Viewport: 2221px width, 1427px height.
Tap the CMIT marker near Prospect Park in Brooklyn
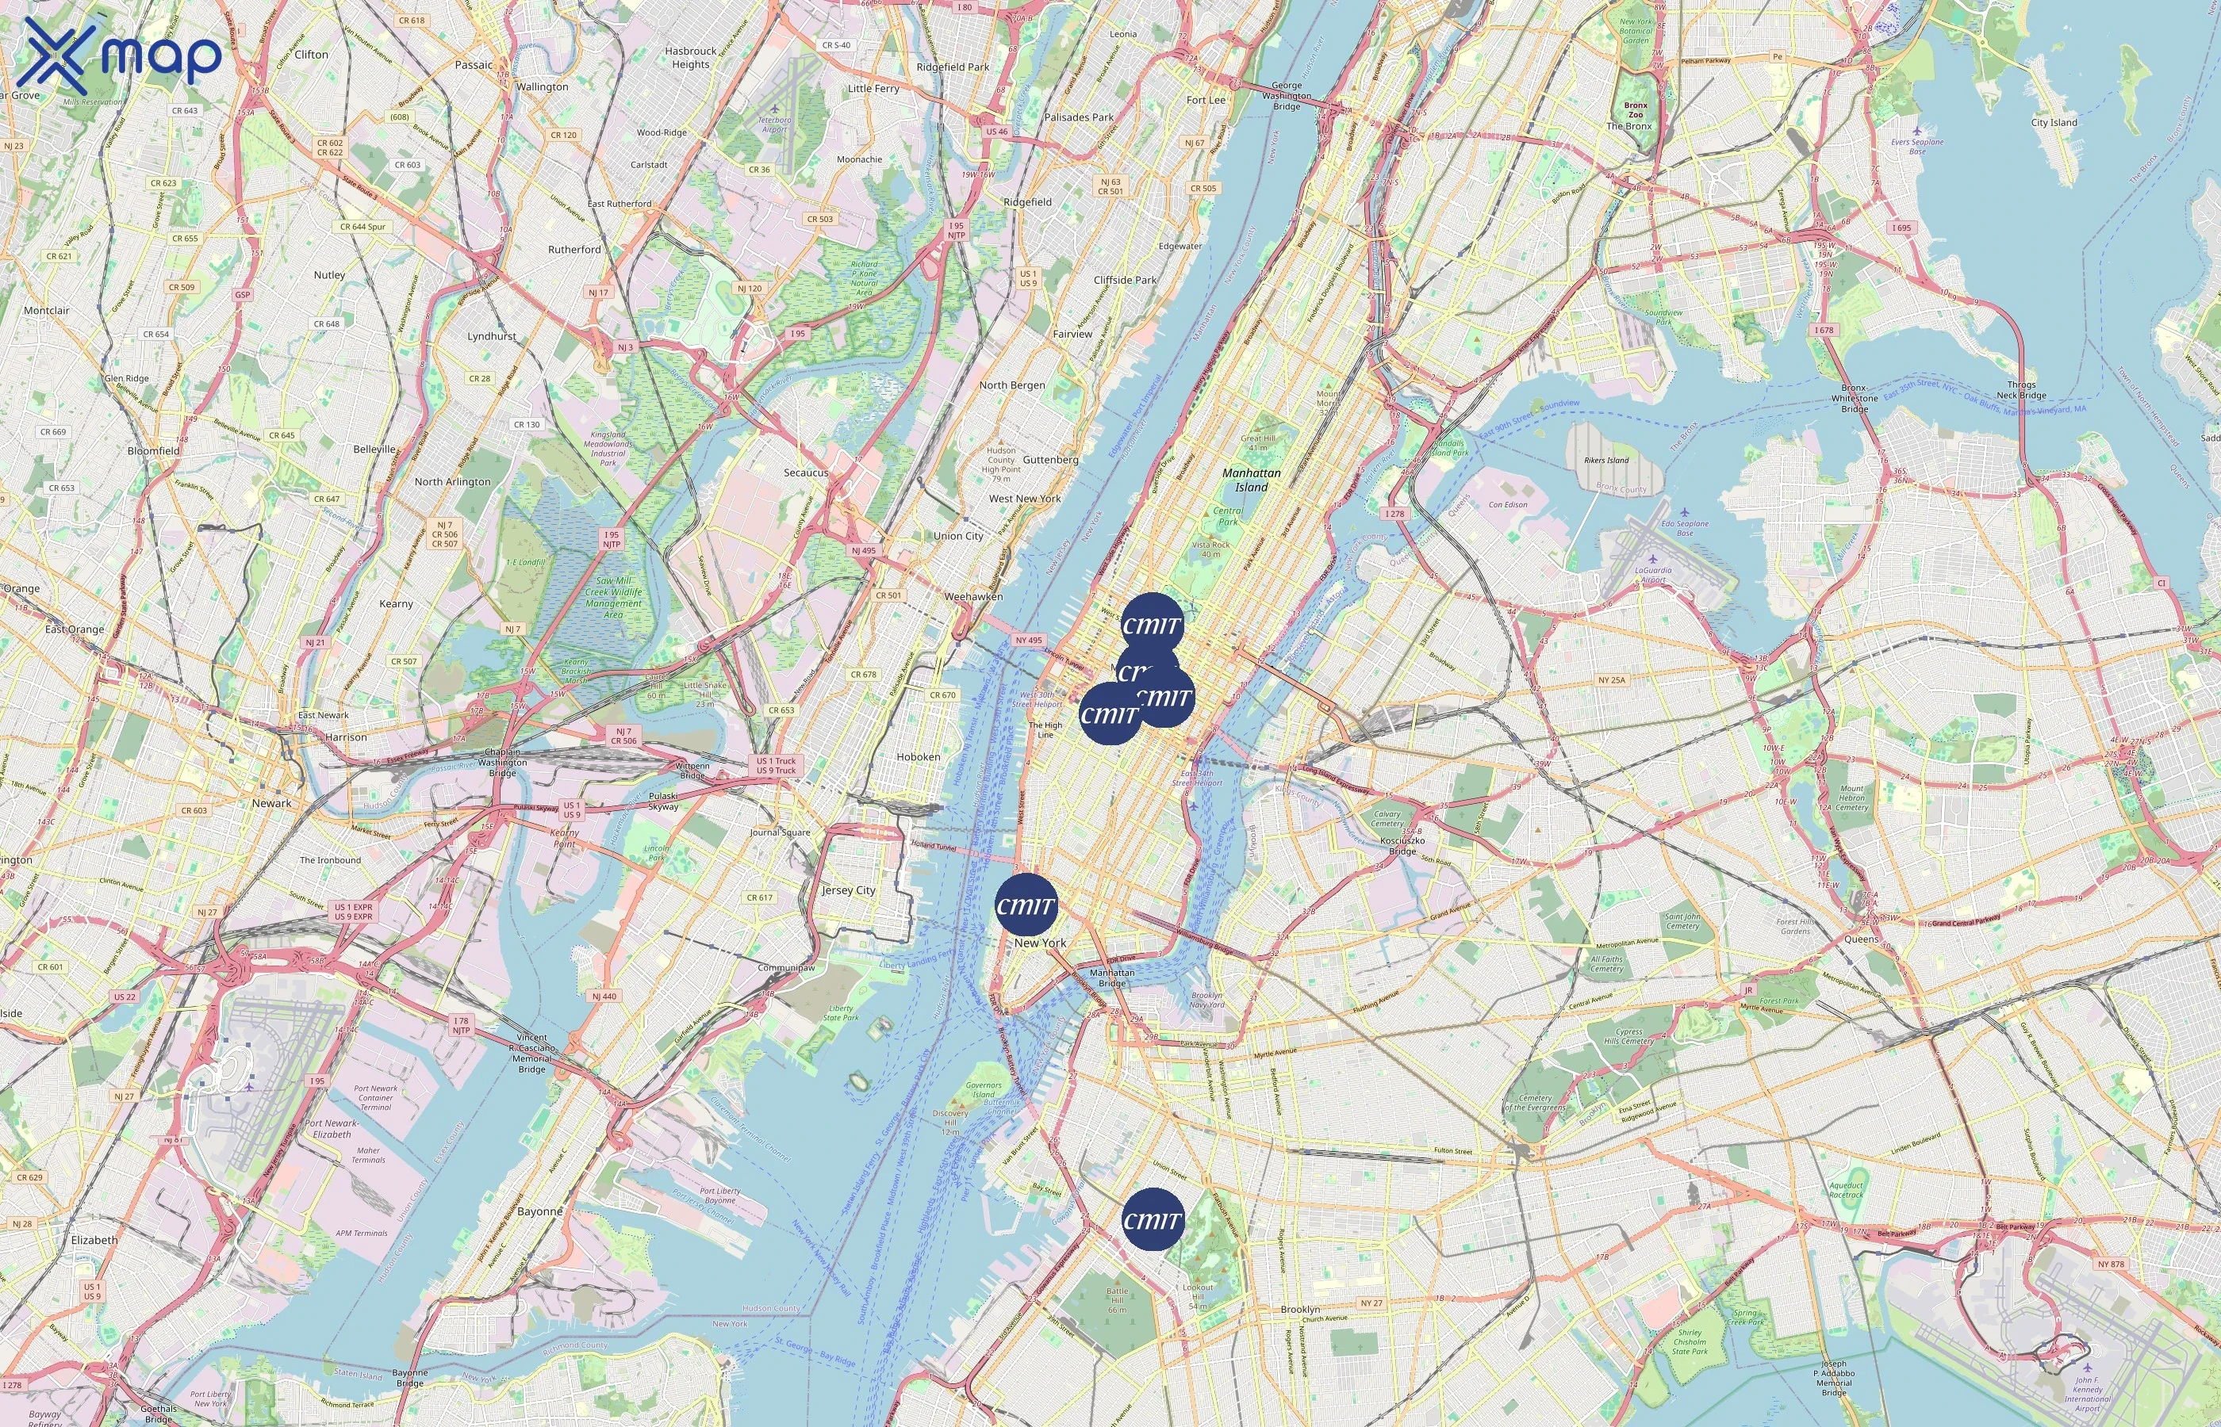pos(1153,1219)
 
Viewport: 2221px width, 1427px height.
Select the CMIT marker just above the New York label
pos(1026,905)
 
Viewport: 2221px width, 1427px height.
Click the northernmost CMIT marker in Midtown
pos(1153,624)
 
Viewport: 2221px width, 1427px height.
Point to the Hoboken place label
pos(918,757)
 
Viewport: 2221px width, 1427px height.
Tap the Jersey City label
pos(848,890)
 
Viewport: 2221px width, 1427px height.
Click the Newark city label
pos(271,803)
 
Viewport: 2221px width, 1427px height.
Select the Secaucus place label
pos(806,472)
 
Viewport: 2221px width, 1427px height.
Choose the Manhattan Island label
pos(1252,480)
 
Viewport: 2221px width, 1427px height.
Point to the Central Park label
pos(1228,516)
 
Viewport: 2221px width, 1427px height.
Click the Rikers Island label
pos(1606,461)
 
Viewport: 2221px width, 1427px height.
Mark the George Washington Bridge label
pos(1287,95)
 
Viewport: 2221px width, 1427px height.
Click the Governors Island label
pos(984,1090)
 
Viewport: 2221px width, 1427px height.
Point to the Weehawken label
pos(973,597)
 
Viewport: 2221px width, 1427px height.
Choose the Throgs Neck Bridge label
pos(2022,390)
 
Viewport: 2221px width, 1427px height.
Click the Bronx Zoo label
pos(1636,110)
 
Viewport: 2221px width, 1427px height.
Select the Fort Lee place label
pos(1206,100)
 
